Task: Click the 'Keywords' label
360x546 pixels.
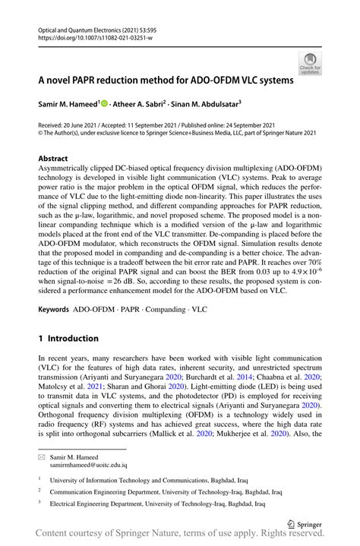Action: [x=54, y=311]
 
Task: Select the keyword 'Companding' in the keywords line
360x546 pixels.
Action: [x=163, y=311]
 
